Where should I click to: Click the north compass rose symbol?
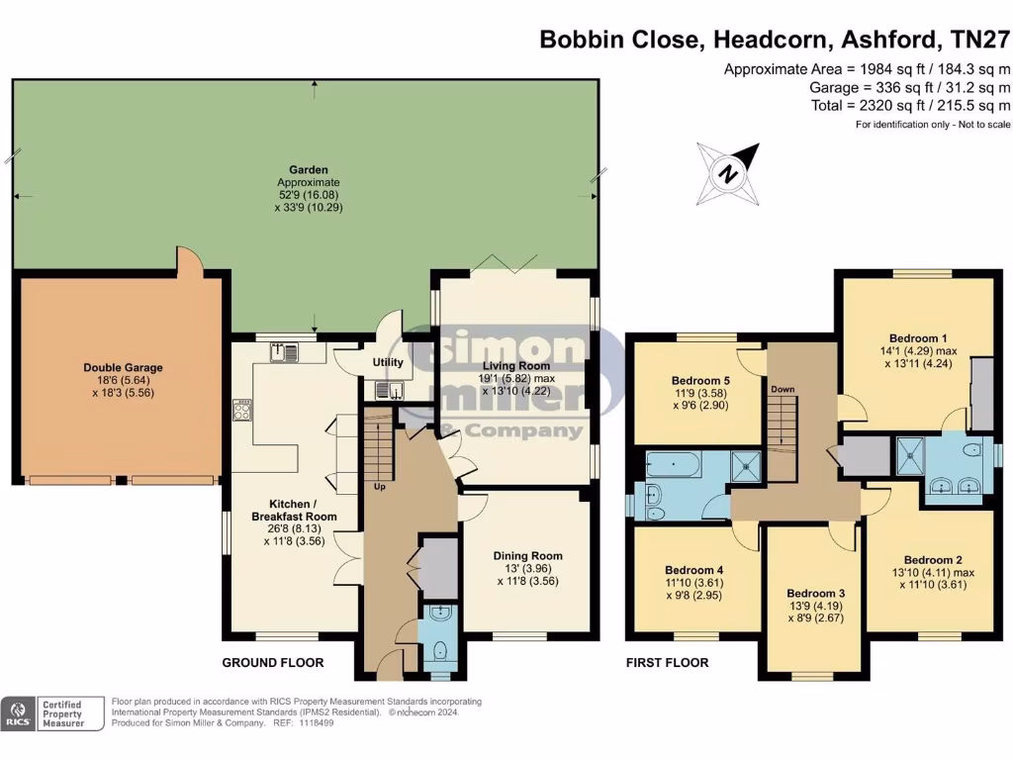click(x=728, y=174)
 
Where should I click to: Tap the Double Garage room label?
click(x=123, y=368)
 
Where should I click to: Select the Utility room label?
click(x=388, y=362)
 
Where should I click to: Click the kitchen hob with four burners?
click(x=242, y=410)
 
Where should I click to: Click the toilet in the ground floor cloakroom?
click(x=440, y=650)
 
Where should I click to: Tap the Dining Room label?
click(x=528, y=556)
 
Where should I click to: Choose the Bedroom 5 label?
click(x=700, y=381)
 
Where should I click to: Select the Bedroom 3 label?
click(x=815, y=594)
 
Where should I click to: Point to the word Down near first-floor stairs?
click(x=783, y=389)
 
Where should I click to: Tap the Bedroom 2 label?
click(x=933, y=560)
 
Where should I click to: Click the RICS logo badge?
click(x=18, y=713)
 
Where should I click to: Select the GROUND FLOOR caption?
click(x=273, y=662)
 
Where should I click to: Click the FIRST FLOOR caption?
click(x=668, y=662)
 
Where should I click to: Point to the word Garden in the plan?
click(x=309, y=170)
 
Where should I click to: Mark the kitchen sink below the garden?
click(x=284, y=353)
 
